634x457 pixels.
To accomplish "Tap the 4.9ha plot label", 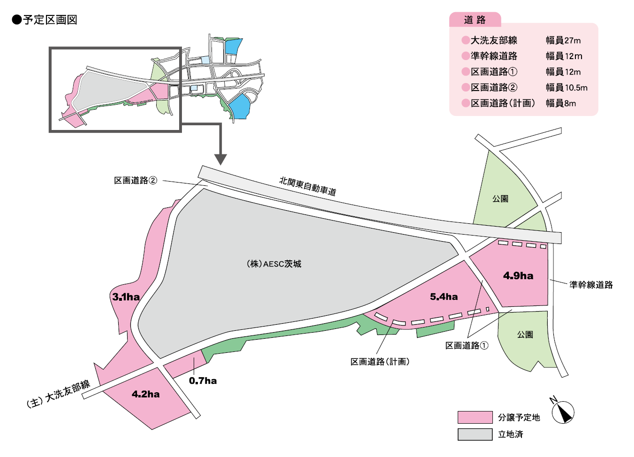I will tap(518, 276).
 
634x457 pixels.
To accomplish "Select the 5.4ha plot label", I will tap(444, 297).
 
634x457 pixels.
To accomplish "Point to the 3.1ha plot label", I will tap(126, 297).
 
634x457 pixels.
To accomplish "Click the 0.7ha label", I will tap(203, 381).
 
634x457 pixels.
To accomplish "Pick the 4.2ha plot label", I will tap(145, 394).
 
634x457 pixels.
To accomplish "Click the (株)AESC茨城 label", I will tap(274, 264).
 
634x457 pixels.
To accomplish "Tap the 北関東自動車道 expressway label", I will tap(308, 186).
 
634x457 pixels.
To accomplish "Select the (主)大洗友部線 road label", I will tap(59, 394).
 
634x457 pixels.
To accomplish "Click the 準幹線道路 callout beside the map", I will tap(591, 285).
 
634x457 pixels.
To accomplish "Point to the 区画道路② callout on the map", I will tap(136, 181).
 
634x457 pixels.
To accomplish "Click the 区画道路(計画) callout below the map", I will tap(380, 362).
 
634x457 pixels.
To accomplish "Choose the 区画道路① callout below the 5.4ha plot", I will tap(467, 346).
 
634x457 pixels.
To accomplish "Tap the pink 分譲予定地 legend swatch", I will tap(475, 417).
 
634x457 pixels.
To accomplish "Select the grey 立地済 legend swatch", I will tap(475, 434).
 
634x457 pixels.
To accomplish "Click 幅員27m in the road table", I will tap(563, 40).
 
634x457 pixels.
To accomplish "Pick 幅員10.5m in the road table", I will tap(566, 87).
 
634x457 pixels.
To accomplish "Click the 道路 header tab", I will tap(475, 20).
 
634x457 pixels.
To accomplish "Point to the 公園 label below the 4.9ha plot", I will tap(525, 335).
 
